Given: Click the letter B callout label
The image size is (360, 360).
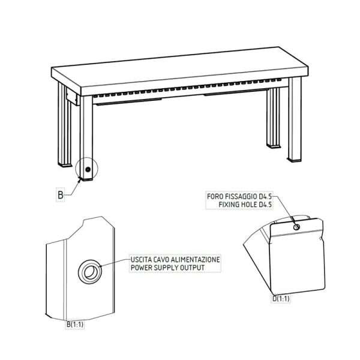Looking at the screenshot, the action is pyautogui.click(x=61, y=195).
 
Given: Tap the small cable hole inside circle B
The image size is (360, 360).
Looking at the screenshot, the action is pyautogui.click(x=88, y=170).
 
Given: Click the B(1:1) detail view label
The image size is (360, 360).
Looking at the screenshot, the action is pyautogui.click(x=75, y=325).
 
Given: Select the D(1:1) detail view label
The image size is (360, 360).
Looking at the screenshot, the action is pyautogui.click(x=281, y=299).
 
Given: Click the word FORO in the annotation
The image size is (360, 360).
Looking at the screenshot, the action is pyautogui.click(x=215, y=197).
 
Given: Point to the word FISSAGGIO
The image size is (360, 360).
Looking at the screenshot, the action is pyautogui.click(x=241, y=197).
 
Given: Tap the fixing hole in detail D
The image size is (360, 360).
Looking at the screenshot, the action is pyautogui.click(x=296, y=227).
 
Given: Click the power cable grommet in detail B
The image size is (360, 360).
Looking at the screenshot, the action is pyautogui.click(x=90, y=272).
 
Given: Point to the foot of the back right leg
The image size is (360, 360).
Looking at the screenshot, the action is pyautogui.click(x=273, y=146).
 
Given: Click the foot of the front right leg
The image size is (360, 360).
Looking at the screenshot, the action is pyautogui.click(x=295, y=160).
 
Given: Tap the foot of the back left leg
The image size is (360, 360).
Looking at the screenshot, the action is pyautogui.click(x=65, y=165).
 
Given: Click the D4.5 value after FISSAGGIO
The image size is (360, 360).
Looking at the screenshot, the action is pyautogui.click(x=265, y=197).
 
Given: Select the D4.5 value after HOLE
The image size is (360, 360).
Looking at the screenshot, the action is pyautogui.click(x=265, y=205).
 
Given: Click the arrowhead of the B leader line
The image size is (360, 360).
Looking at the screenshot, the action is pyautogui.click(x=80, y=181).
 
